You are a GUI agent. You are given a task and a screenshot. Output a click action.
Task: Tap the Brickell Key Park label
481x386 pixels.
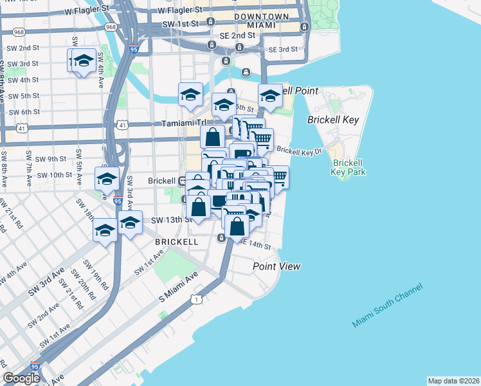349,167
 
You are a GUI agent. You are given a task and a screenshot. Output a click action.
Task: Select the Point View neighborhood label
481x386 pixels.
277,266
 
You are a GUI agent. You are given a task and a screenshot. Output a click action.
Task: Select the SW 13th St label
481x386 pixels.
170,219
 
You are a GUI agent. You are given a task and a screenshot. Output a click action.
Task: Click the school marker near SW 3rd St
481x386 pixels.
82,62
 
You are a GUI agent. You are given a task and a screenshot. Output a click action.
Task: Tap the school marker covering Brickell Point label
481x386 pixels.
270,96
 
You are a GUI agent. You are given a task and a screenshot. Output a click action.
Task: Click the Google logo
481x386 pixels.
21,378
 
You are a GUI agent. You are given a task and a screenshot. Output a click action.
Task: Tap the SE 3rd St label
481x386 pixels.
283,49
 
